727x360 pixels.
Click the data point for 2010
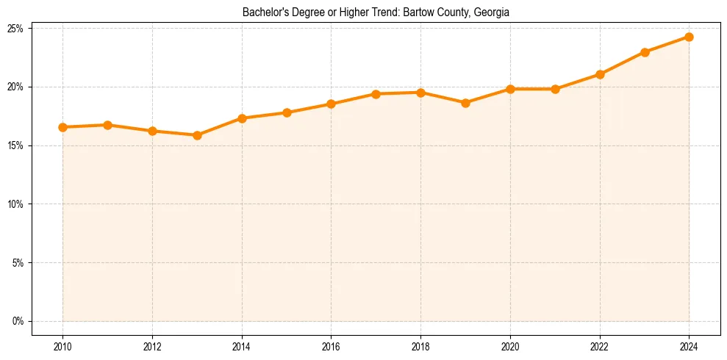63,127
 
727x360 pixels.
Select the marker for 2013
197,135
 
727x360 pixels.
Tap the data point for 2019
465,103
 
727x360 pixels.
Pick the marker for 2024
689,37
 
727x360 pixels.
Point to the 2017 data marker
376,94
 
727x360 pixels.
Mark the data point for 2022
600,74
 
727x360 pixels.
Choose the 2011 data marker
107,125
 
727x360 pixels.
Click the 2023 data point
645,52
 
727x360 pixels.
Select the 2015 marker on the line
287,112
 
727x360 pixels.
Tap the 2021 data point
555,89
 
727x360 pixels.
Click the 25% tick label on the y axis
15,29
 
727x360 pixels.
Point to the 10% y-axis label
15,204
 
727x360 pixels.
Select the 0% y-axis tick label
18,321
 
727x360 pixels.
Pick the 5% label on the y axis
18,263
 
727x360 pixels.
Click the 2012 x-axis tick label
152,347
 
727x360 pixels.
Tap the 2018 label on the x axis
420,347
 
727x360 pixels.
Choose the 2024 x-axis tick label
689,347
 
